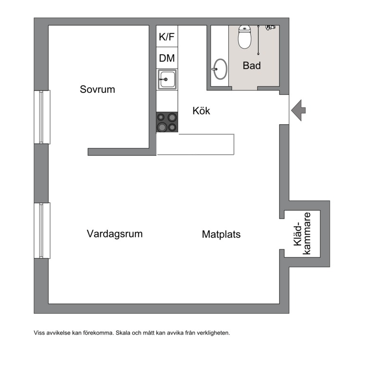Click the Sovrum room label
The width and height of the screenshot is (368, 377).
(x=97, y=89)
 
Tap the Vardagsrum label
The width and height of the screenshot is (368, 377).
(x=115, y=234)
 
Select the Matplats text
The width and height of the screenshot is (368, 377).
(x=221, y=234)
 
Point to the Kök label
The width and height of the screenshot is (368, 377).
(x=201, y=110)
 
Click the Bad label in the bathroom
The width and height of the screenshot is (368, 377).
(x=252, y=65)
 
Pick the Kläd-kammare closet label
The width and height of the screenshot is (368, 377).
(x=302, y=233)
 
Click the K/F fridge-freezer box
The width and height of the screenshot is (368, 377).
(x=167, y=36)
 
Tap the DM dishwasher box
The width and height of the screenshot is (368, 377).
(x=167, y=58)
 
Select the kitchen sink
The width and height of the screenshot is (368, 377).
(x=167, y=79)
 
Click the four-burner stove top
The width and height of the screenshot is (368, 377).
(x=167, y=122)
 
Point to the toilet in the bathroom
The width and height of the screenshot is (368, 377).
(x=244, y=37)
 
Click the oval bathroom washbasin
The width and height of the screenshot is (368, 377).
(x=220, y=69)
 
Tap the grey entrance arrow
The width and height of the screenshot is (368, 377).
(x=298, y=110)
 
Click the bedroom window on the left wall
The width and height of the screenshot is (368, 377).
(x=42, y=117)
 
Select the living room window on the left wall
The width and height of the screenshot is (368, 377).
(x=42, y=230)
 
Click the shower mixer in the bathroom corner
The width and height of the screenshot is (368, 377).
(x=271, y=28)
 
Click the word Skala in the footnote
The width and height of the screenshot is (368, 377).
(x=123, y=333)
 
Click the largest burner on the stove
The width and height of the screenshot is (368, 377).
(x=162, y=127)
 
